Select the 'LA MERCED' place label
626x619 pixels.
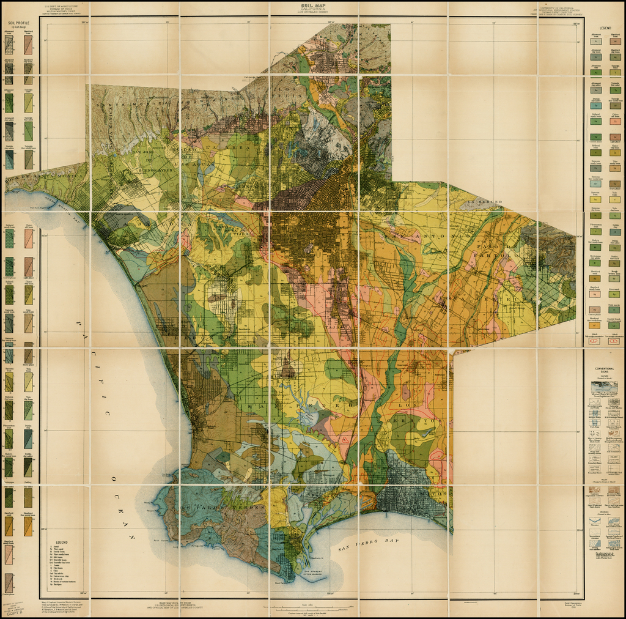coord(485,202)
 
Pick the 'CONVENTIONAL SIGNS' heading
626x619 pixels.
coord(605,371)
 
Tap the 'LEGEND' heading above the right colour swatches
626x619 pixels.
coord(605,28)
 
